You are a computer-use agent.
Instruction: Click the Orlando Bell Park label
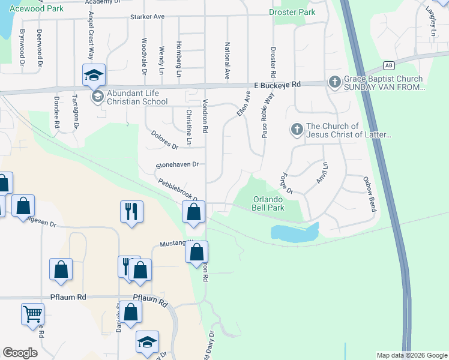[x=267, y=203]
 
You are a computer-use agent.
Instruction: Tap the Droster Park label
[x=292, y=12]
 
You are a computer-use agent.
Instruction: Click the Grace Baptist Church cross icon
[x=334, y=81]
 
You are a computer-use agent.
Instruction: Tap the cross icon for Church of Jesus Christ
[x=296, y=129]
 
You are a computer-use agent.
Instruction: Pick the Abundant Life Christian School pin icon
[x=95, y=97]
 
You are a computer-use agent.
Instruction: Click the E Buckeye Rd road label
[x=277, y=86]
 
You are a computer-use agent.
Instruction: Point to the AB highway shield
[x=389, y=65]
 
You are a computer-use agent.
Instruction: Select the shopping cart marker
[x=32, y=313]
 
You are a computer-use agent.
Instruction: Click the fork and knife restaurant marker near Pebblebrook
[x=131, y=211]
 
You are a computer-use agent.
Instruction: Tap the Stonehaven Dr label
[x=176, y=164]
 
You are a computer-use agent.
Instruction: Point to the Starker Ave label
[x=147, y=17]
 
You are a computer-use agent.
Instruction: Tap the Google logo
[x=20, y=353]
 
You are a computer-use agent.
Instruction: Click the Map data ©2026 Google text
[x=412, y=355]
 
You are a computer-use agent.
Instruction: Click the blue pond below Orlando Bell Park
[x=293, y=233]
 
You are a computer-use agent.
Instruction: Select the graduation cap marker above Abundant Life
[x=94, y=74]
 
